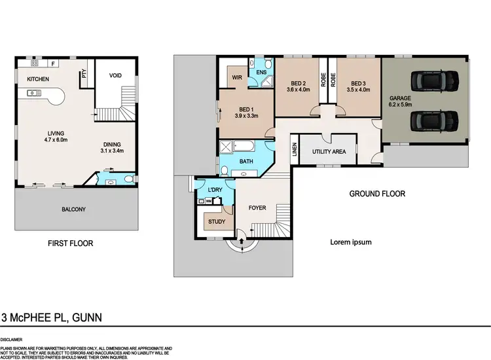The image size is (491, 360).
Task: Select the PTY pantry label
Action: click(x=84, y=74)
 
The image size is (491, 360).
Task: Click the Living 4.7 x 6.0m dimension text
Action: click(x=57, y=139)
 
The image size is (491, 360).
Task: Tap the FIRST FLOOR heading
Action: click(x=70, y=243)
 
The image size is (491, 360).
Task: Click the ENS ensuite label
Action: click(x=261, y=72)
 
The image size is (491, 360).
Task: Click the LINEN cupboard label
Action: click(x=295, y=151)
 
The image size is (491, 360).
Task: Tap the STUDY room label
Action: click(x=217, y=222)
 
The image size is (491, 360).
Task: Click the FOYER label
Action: click(x=257, y=208)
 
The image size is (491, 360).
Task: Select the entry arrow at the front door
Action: click(x=243, y=242)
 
